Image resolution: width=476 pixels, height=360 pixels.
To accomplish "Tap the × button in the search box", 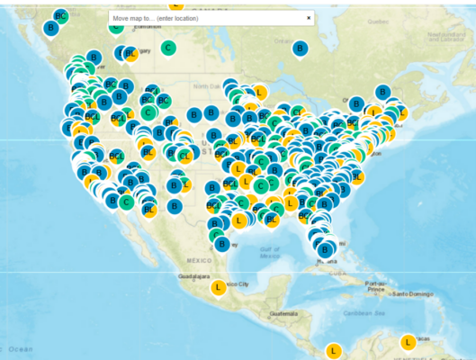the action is [x=309, y=18].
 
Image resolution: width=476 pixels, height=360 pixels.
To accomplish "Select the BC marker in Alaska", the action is [x=60, y=16].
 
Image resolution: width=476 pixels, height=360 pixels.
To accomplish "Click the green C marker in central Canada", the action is [x=167, y=48].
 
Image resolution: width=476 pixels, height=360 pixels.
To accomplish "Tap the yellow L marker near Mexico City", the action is [x=218, y=287].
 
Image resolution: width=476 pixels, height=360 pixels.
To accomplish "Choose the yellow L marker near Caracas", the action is [x=408, y=342].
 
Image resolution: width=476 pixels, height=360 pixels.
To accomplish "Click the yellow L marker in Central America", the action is [x=334, y=350].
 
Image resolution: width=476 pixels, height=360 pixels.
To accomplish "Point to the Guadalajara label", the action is [x=195, y=275].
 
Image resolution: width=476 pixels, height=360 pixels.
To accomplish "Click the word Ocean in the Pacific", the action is [x=20, y=348].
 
